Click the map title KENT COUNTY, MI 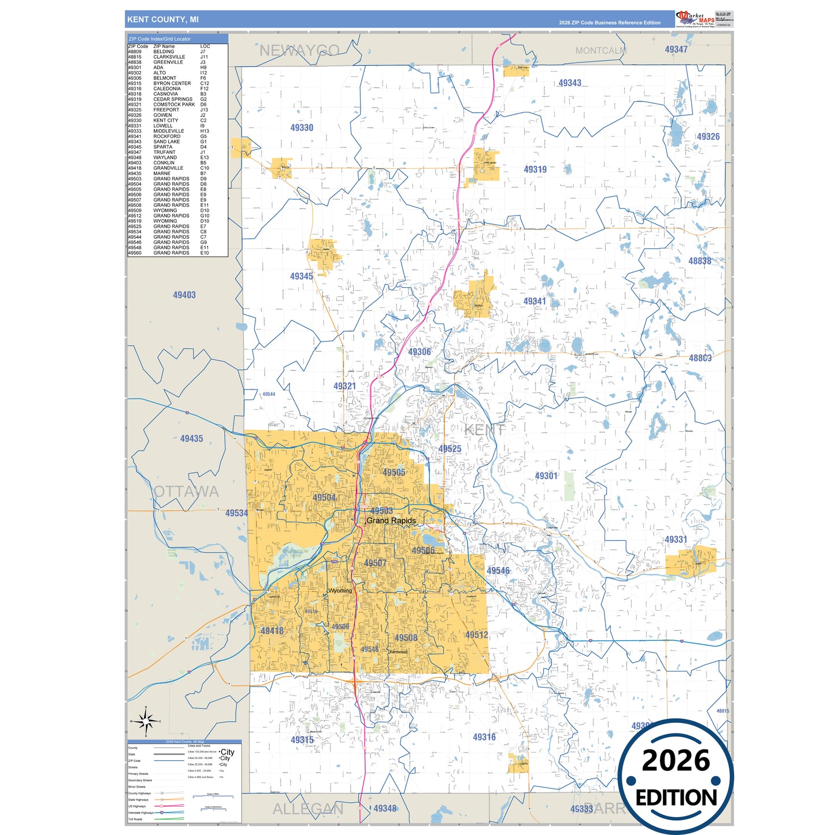163,20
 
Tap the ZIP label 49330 302,128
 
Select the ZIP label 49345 302,276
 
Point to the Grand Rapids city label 391,521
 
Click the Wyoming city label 340,591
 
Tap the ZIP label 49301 546,476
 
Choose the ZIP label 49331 676,540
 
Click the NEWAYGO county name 299,51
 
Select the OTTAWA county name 186,492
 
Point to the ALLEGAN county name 307,809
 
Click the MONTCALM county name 601,51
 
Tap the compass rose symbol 146,721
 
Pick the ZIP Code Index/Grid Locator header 160,39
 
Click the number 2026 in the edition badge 676,760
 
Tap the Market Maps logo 695,19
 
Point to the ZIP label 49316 484,737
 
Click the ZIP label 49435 191,439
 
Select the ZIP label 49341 535,301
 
